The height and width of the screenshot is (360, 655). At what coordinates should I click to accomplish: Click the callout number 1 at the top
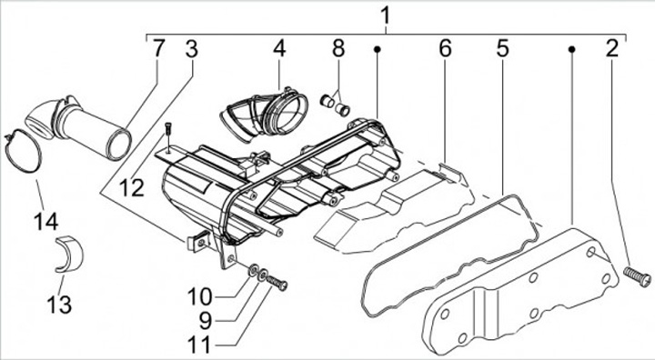(x=385, y=15)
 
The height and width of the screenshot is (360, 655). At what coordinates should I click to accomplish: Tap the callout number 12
(x=132, y=188)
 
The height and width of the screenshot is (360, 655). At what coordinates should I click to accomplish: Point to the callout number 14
(x=46, y=221)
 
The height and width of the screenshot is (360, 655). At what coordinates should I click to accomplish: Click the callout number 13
(x=59, y=304)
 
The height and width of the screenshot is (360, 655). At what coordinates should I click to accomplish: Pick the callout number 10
(x=199, y=297)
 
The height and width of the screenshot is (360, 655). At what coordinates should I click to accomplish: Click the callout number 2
(x=612, y=49)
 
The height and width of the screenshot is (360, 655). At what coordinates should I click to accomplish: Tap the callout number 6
(x=445, y=49)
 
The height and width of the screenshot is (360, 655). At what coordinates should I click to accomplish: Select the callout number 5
(x=503, y=49)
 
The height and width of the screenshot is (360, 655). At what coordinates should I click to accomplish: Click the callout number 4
(x=279, y=49)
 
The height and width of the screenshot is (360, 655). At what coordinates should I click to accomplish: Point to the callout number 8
(x=338, y=49)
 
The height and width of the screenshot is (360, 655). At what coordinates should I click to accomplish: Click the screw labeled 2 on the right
(x=637, y=277)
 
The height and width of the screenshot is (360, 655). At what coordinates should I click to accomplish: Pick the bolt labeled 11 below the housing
(x=277, y=283)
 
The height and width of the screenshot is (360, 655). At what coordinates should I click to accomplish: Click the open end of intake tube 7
(x=118, y=145)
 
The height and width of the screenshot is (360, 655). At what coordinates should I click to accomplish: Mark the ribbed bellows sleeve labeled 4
(x=264, y=114)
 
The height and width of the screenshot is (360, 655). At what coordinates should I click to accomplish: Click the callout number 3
(x=191, y=49)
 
